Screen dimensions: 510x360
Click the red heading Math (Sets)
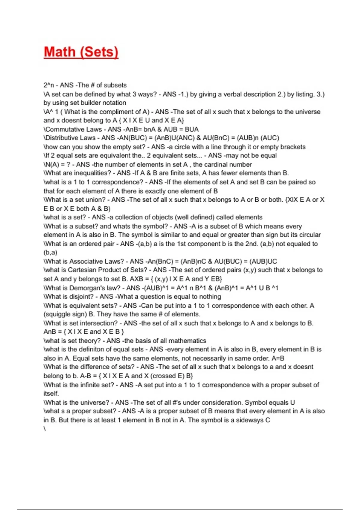81,52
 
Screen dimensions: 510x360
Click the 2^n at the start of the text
49,85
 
